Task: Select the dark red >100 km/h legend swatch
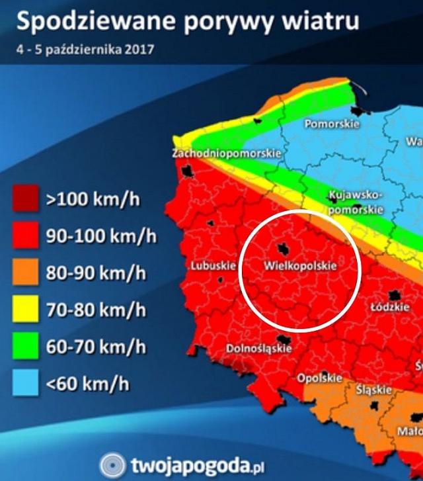click(x=25, y=198)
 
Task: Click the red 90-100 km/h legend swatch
click(x=25, y=235)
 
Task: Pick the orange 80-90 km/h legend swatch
click(x=25, y=271)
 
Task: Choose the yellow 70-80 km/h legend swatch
click(x=25, y=308)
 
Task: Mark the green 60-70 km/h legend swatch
click(x=25, y=345)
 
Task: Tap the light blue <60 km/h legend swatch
click(x=25, y=382)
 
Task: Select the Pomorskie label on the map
click(x=332, y=124)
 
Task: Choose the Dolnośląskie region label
click(x=259, y=348)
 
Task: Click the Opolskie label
click(x=320, y=378)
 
